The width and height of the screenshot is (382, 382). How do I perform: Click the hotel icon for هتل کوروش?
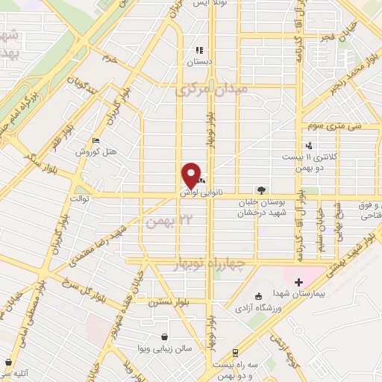pyautogui.click(x=95, y=140)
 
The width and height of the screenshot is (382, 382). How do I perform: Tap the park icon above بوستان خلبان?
pyautogui.click(x=261, y=190)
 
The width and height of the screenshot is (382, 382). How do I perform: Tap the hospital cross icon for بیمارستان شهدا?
pyautogui.click(x=299, y=282)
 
